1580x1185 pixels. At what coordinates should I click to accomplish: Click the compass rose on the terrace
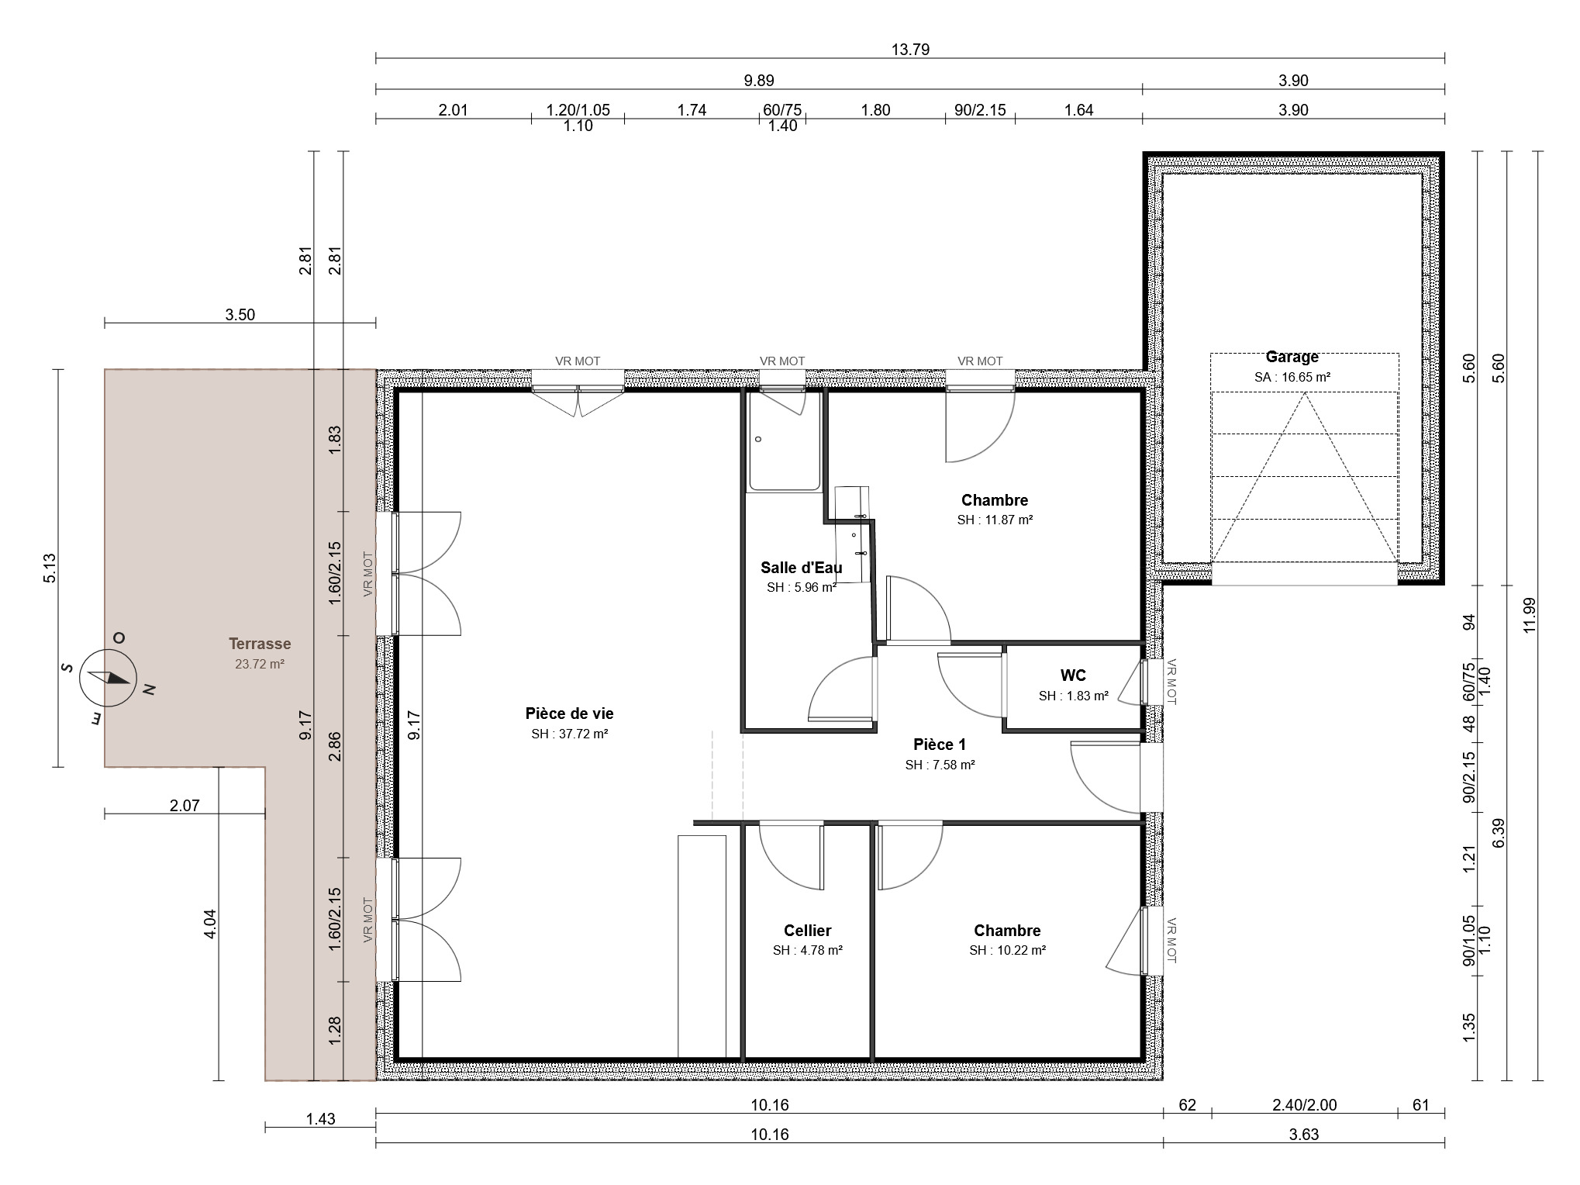109,677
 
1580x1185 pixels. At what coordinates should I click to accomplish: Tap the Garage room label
1292,357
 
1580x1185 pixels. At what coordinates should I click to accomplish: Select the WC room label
1073,675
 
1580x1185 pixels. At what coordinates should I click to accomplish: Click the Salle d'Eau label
801,568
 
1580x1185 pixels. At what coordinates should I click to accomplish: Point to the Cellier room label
807,931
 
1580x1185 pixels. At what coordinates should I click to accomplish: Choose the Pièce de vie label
569,713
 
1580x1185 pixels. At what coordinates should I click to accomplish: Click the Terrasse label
260,644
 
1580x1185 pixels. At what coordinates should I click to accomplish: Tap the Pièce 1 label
940,745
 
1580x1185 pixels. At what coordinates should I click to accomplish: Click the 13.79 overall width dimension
910,50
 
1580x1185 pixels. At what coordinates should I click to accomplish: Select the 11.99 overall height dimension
1529,616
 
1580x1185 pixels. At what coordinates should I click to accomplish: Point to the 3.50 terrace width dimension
240,314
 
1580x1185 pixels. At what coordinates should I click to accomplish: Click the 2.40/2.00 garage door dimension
1305,1105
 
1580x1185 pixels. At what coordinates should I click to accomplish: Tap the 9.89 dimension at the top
758,81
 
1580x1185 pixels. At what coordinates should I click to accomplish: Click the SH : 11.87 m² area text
995,520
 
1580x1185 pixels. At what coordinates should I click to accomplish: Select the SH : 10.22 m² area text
1007,951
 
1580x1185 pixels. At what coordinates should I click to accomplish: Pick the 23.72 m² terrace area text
260,664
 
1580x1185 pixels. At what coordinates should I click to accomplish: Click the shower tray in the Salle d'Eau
784,440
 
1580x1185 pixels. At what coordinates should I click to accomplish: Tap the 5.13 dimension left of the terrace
50,568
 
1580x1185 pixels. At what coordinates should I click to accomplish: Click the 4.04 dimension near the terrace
209,924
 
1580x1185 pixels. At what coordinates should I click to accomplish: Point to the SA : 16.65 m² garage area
1292,378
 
